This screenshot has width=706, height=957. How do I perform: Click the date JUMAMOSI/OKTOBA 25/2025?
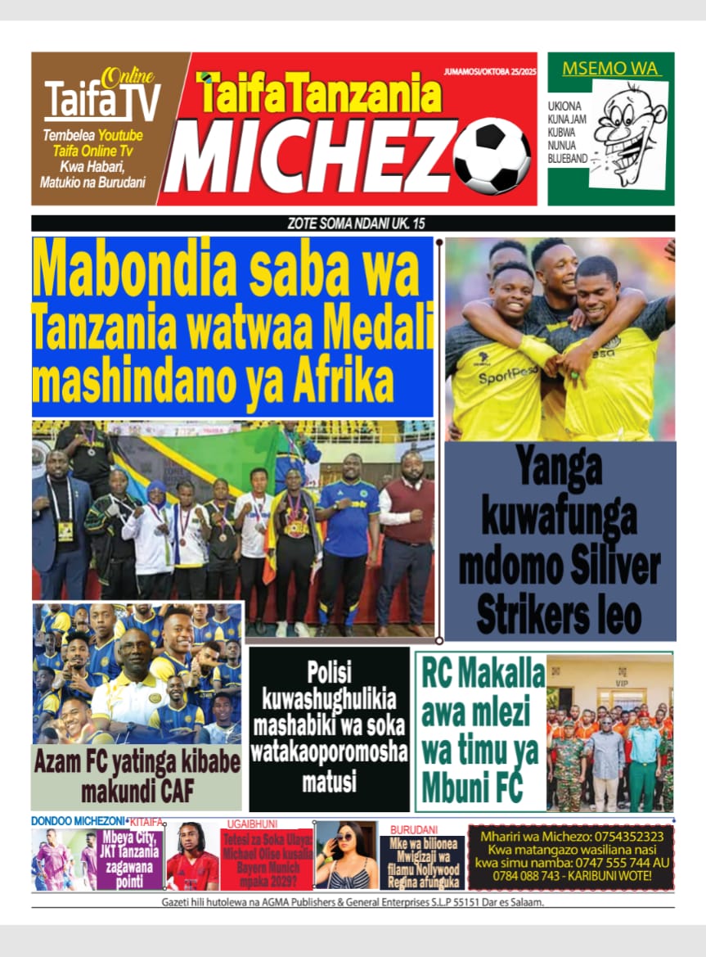pyautogui.click(x=488, y=72)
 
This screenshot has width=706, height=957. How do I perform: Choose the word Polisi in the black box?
pyautogui.click(x=329, y=673)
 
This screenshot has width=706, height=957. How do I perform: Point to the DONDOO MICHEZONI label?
pyautogui.click(x=78, y=820)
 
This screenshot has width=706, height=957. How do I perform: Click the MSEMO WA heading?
pyautogui.click(x=610, y=69)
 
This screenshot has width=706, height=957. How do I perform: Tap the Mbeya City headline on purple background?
pyautogui.click(x=130, y=859)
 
